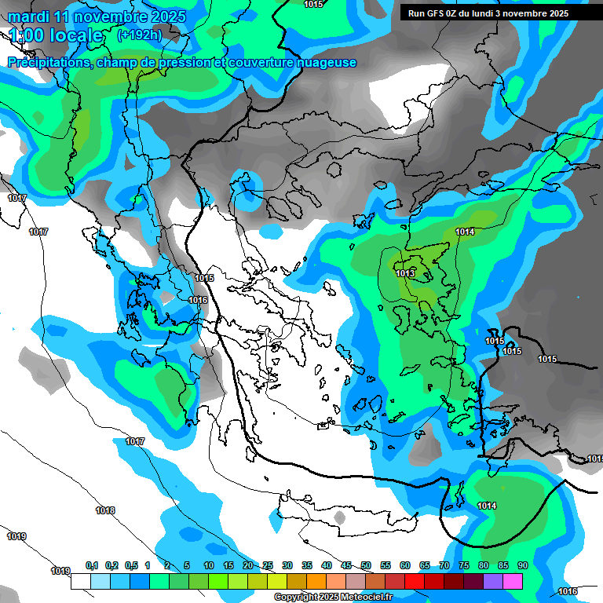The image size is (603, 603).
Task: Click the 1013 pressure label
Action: point(405,273)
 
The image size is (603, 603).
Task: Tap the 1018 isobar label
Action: point(105,510)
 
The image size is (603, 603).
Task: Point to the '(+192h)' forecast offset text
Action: point(139,35)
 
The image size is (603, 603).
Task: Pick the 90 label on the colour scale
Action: point(522,565)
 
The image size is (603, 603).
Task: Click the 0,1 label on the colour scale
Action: point(91,565)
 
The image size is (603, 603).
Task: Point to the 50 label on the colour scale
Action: point(366,565)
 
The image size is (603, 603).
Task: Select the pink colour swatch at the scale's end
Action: point(513,581)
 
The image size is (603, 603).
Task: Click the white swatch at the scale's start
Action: point(80,581)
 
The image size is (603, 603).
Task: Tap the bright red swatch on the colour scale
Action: point(414,581)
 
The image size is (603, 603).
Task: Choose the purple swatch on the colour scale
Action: point(493,581)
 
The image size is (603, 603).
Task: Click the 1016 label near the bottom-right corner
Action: point(567,591)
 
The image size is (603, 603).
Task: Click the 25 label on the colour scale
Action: point(268,565)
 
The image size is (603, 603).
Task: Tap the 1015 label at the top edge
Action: point(313,4)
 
